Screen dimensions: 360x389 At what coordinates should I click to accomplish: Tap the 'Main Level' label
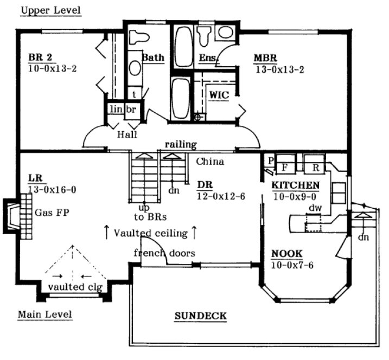[45, 314]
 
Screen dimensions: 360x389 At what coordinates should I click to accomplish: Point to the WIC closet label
[219, 95]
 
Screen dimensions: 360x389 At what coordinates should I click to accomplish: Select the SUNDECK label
[200, 316]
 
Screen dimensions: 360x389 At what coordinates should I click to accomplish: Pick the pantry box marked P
[269, 161]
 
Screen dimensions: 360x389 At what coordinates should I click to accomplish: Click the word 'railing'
[181, 144]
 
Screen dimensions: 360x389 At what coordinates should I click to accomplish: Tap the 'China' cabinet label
[210, 161]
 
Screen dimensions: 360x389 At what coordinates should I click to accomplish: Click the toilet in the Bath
[139, 37]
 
